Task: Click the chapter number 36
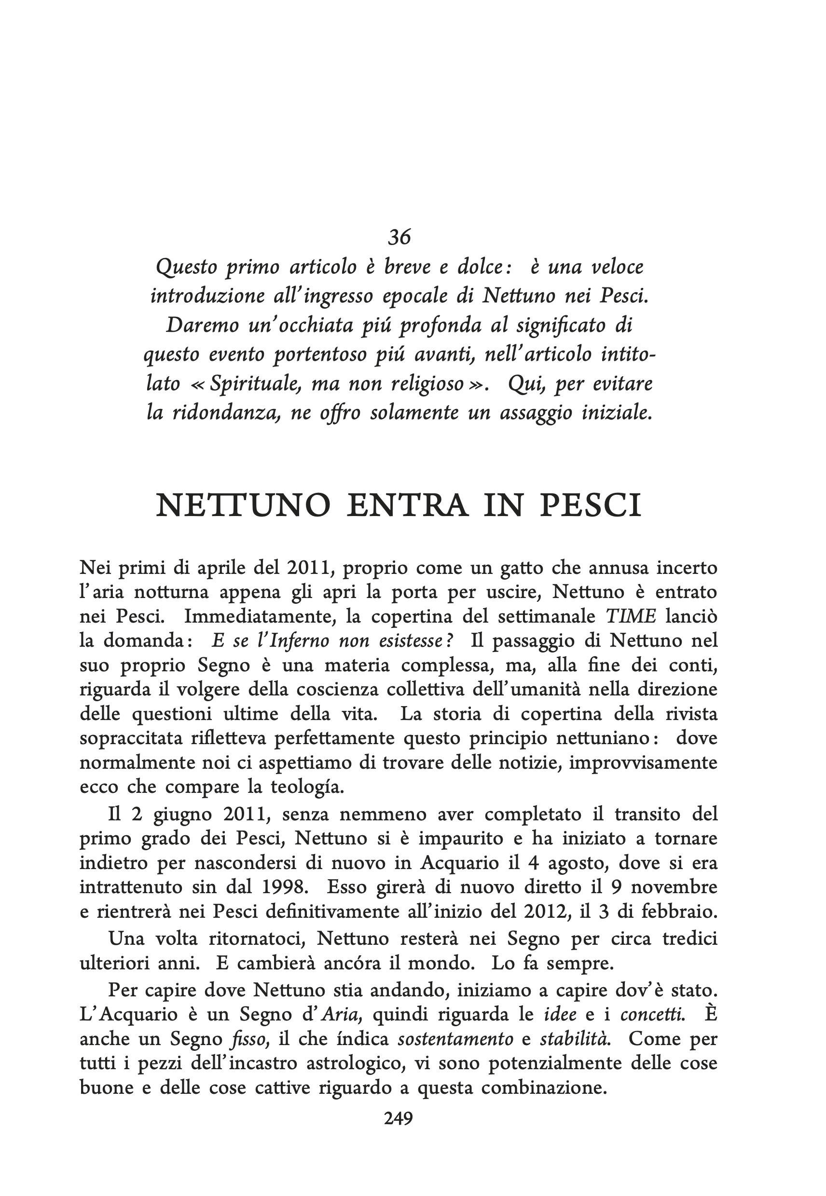399,237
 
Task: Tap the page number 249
399,1118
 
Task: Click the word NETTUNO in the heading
243,505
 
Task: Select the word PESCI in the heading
591,505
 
